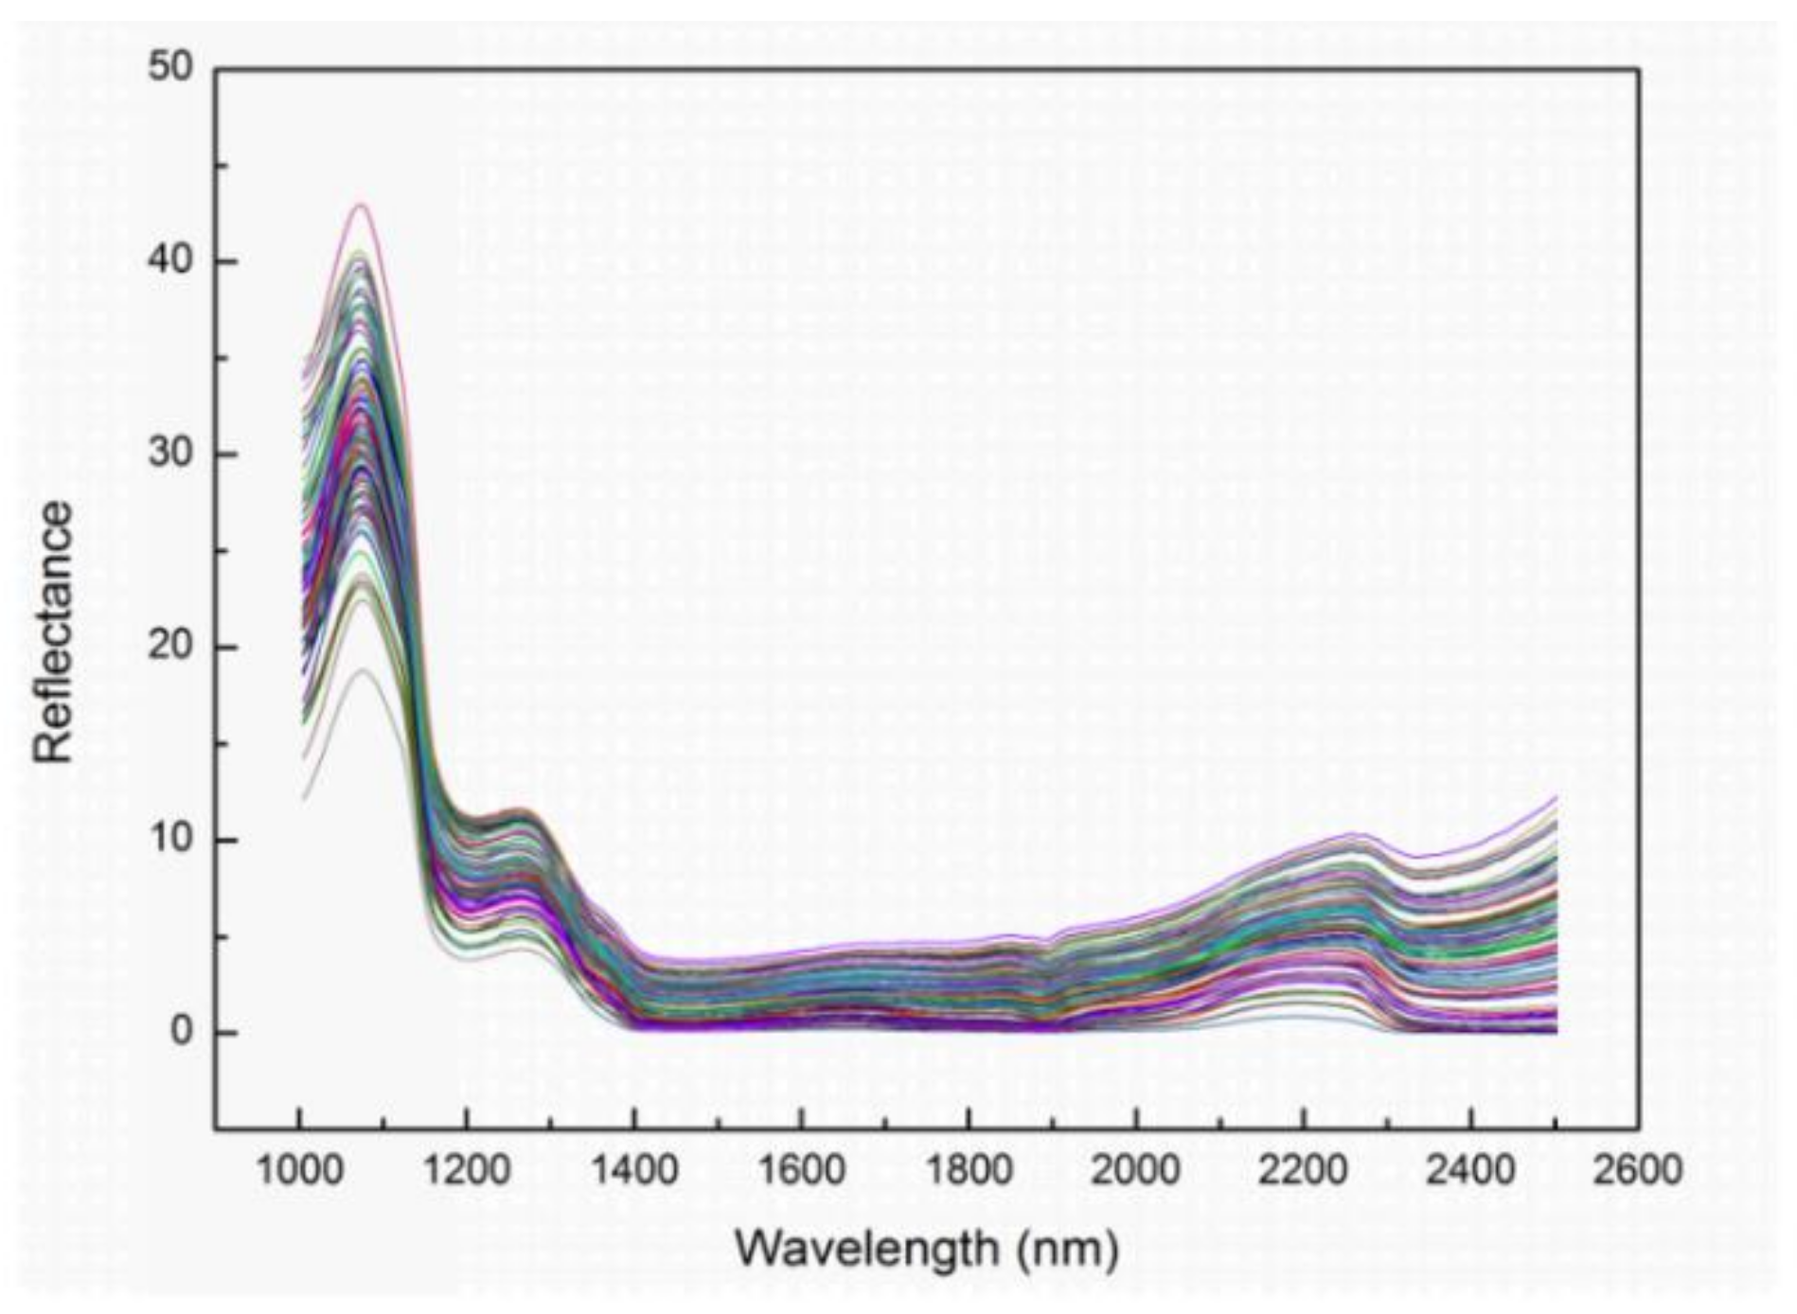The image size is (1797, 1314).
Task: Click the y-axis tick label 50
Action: coord(170,68)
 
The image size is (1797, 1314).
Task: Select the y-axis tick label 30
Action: coord(170,453)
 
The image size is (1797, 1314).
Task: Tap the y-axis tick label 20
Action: coord(170,648)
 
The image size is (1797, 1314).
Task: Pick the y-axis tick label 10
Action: coord(170,840)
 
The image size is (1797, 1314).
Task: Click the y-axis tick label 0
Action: coord(182,1032)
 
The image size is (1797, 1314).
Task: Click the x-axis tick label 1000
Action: coord(300,1171)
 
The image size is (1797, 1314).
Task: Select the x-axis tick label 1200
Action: coord(466,1171)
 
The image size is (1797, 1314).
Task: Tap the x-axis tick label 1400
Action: coord(633,1171)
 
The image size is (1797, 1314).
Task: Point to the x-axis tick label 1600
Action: coord(801,1171)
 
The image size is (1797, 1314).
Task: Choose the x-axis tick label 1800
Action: coord(968,1171)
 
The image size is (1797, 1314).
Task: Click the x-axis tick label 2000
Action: coord(1135,1171)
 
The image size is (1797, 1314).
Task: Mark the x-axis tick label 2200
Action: coord(1303,1171)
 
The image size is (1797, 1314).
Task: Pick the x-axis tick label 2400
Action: coord(1470,1171)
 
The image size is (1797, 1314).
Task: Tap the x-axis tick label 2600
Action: coord(1637,1171)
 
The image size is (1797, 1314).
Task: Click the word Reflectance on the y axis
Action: coord(53,631)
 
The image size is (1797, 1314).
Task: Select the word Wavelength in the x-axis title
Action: coord(866,1248)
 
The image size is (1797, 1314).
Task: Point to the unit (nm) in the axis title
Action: coord(1069,1250)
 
